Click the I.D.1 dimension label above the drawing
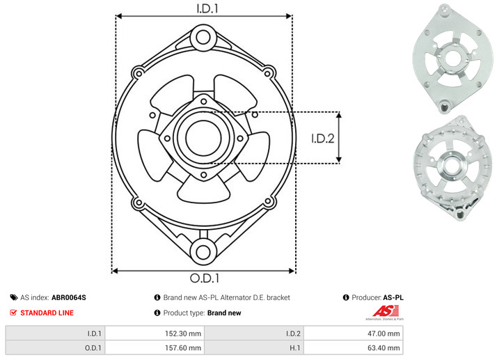click(x=207, y=8)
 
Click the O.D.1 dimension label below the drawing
click(x=205, y=278)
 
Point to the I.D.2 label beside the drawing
click(x=323, y=139)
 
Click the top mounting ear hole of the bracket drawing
click(x=203, y=38)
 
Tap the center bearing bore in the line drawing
click(x=203, y=138)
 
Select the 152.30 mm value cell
click(x=155, y=334)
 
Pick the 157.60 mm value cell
click(x=155, y=348)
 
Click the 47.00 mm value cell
click(x=353, y=334)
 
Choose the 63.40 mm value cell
click(x=353, y=348)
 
